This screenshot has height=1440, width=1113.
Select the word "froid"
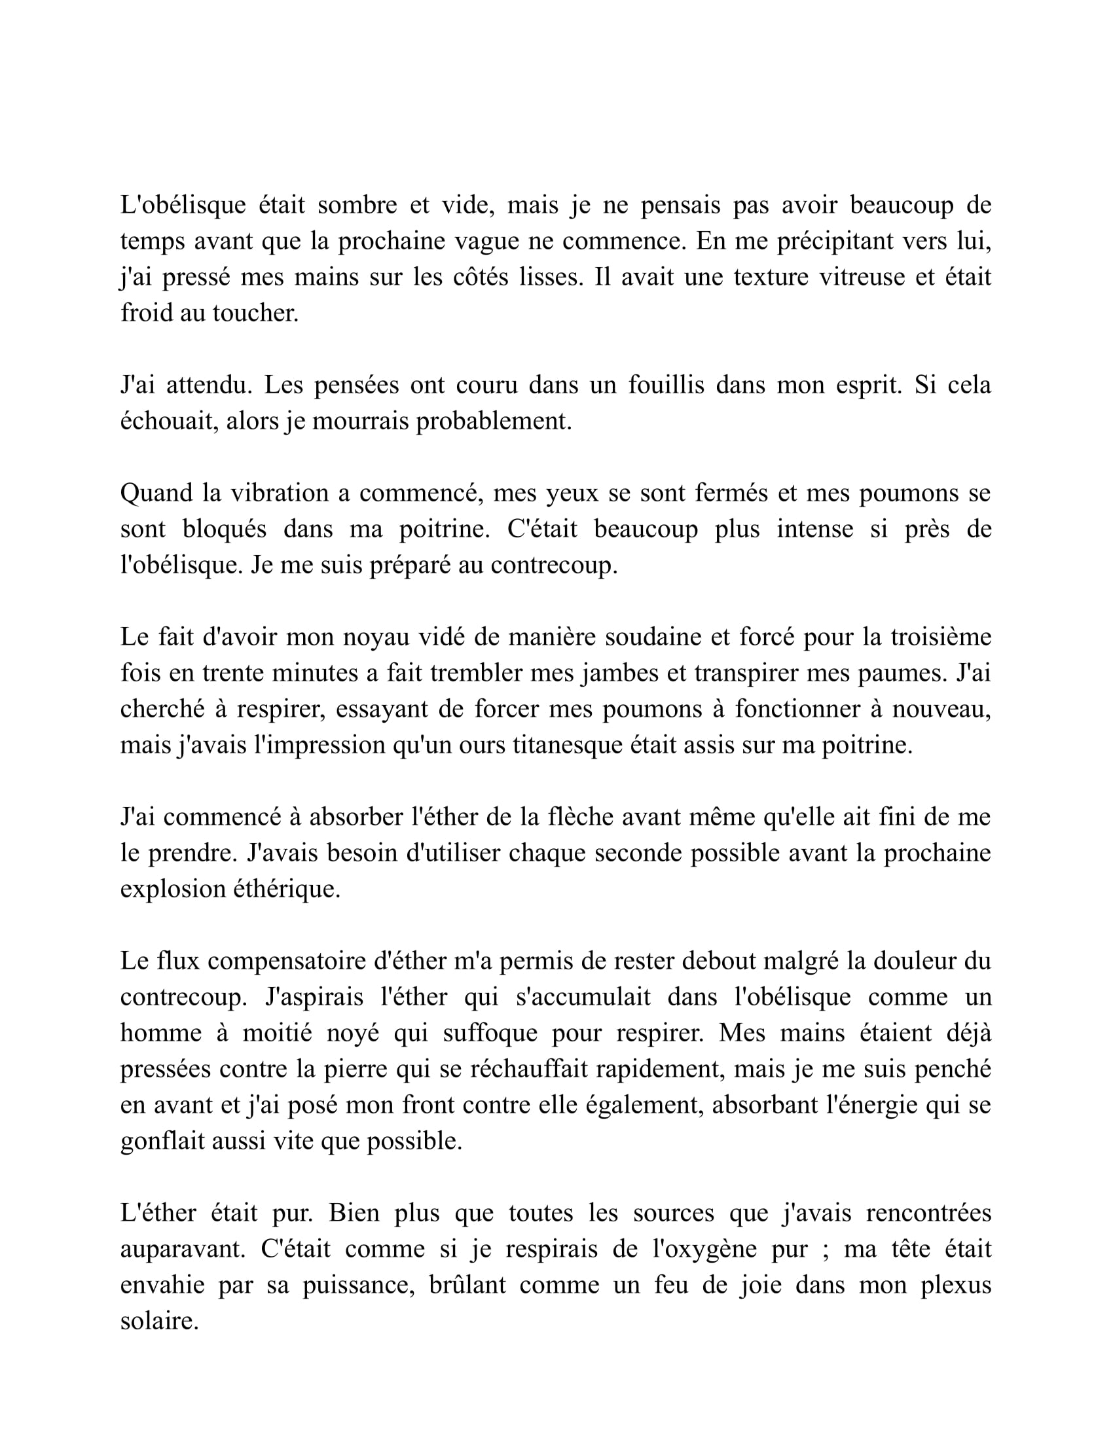[x=144, y=313]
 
